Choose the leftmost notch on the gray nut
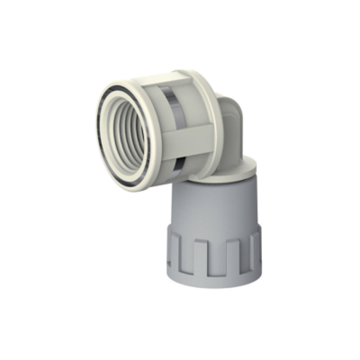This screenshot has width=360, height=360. click(174, 251)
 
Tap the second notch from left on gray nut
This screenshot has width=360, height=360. click(192, 258)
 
